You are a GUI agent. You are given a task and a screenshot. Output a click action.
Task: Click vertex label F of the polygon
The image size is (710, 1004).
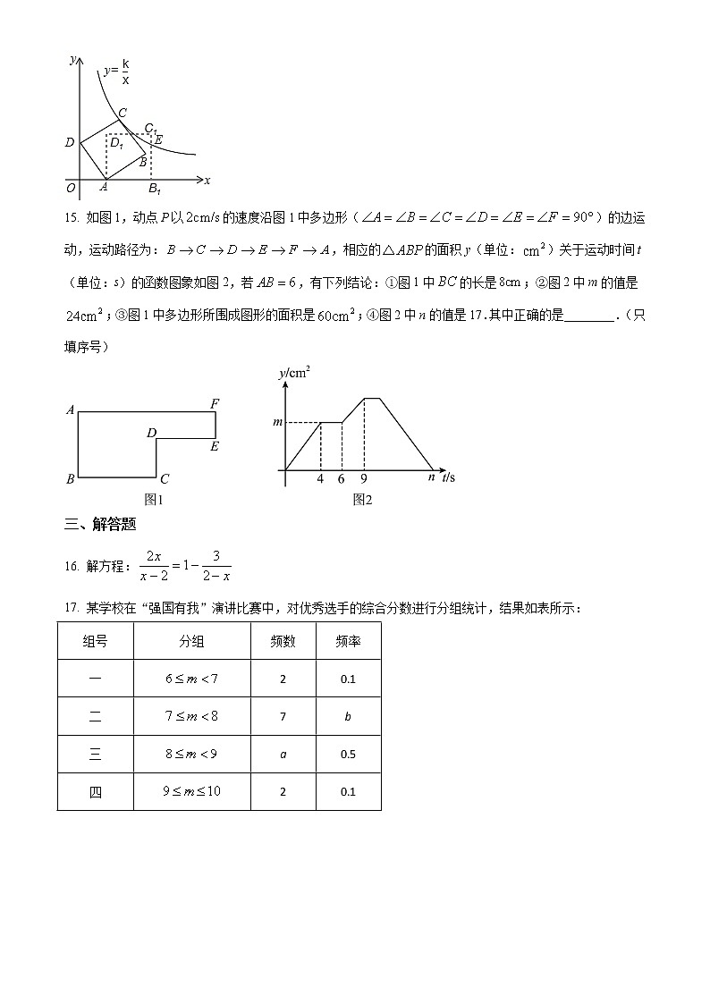pyautogui.click(x=215, y=404)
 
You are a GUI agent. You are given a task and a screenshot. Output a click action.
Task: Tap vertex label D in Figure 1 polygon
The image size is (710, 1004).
pyautogui.click(x=151, y=434)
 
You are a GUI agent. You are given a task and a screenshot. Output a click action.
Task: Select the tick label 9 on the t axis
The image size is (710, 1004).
pyautogui.click(x=363, y=479)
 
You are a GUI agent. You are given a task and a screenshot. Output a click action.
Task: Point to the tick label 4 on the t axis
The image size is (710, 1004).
pyautogui.click(x=320, y=479)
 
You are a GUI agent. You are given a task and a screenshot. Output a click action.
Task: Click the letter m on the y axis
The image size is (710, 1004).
pyautogui.click(x=276, y=422)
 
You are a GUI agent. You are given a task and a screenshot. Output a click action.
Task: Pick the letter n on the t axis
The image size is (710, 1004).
pyautogui.click(x=431, y=478)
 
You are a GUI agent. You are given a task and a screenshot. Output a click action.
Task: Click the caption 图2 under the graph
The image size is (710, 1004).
pyautogui.click(x=362, y=500)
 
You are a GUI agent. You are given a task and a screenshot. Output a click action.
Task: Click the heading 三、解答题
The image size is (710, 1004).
pyautogui.click(x=100, y=526)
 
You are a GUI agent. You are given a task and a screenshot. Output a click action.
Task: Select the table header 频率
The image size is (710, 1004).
pyautogui.click(x=348, y=641)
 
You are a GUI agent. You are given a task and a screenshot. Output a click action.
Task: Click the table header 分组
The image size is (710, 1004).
pyautogui.click(x=191, y=641)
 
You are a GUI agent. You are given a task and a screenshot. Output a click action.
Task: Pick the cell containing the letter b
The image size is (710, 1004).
pyautogui.click(x=348, y=716)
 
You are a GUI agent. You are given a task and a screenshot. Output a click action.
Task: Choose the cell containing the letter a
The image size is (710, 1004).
pyautogui.click(x=283, y=754)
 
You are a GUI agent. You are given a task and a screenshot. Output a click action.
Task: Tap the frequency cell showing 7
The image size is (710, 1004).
pyautogui.click(x=283, y=716)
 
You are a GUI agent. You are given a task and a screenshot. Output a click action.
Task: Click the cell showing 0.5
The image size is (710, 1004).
pyautogui.click(x=348, y=754)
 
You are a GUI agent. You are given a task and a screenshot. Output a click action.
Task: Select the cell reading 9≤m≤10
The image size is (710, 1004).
pyautogui.click(x=191, y=791)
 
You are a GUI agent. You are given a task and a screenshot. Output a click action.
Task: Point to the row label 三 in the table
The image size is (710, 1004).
pyautogui.click(x=96, y=754)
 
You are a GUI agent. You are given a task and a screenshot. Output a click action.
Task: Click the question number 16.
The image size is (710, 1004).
pyautogui.click(x=72, y=566)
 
